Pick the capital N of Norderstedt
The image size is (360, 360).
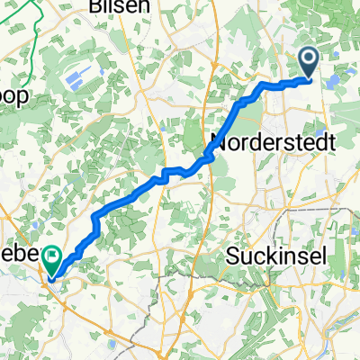217,141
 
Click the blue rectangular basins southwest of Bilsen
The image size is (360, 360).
76,72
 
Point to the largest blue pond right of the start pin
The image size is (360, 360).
335,83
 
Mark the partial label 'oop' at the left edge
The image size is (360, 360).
13,95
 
